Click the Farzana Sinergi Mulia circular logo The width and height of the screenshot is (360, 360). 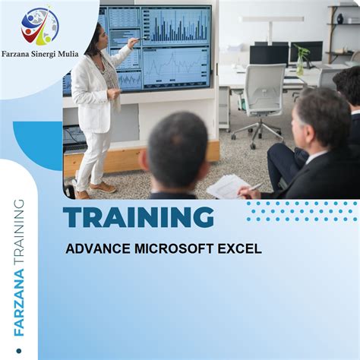tap(40, 28)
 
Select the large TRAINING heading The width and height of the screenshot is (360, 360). tap(138, 218)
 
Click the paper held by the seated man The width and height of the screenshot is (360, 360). tap(227, 186)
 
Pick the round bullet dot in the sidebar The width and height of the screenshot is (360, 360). tap(18, 351)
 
